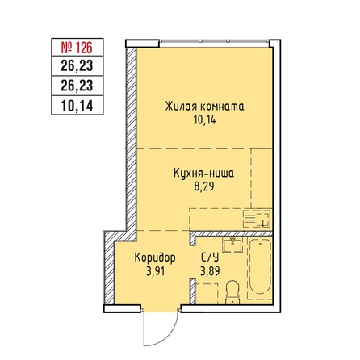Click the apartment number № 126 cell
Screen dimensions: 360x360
click(77, 48)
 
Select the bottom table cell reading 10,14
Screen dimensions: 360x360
click(77, 106)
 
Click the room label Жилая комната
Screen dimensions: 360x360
click(205, 107)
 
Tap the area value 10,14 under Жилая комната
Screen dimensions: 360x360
click(204, 120)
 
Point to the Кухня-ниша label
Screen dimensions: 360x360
click(203, 173)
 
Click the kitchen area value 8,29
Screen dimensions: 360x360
click(204, 186)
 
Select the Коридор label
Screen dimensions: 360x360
click(155, 257)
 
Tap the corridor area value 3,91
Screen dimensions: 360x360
click(155, 271)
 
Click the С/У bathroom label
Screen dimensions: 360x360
click(210, 257)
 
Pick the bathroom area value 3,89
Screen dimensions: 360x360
click(210, 271)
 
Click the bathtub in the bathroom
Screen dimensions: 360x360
click(260, 269)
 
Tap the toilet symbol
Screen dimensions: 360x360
click(232, 291)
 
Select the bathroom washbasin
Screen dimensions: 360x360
click(232, 245)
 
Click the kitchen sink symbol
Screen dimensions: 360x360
click(257, 219)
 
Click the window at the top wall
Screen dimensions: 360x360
click(215, 41)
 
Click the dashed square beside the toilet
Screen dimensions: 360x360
click(207, 293)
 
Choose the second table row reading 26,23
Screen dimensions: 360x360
click(77, 66)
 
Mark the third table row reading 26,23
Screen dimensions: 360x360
click(77, 86)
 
